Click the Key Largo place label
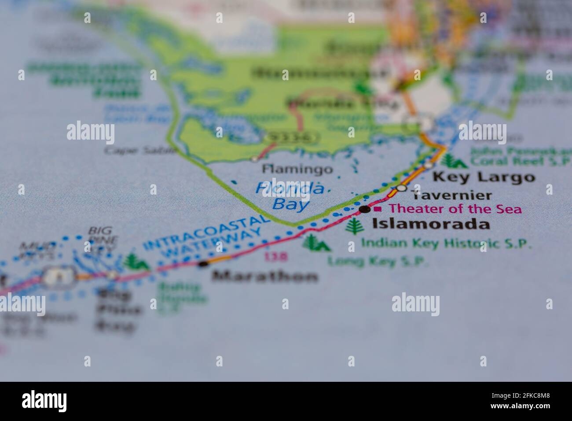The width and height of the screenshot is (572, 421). (x=484, y=177)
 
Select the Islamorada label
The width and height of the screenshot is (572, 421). (x=430, y=224)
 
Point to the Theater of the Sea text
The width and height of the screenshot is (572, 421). (x=455, y=209)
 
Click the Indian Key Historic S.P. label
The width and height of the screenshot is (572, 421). (x=446, y=243)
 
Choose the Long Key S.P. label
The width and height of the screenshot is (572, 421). (x=378, y=262)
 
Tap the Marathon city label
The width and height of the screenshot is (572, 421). (x=264, y=277)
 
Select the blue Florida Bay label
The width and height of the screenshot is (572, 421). (x=291, y=196)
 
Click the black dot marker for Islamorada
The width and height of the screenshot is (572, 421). (x=364, y=209)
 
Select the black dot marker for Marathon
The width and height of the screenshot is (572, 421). (x=203, y=264)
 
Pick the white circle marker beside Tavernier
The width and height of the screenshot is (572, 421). (x=401, y=188)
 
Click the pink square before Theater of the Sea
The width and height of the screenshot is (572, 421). (x=378, y=209)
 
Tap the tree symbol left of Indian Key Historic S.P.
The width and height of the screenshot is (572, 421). (x=352, y=226)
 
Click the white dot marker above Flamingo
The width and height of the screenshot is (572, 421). (x=255, y=158)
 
